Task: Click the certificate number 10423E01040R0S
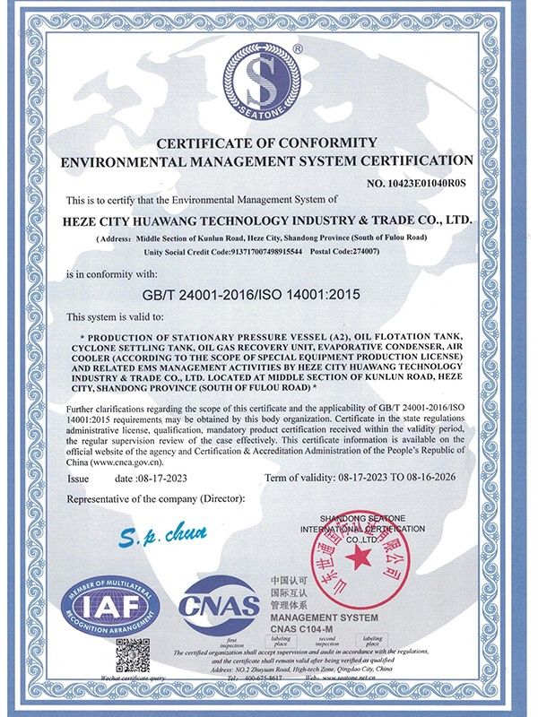tap(416, 183)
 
